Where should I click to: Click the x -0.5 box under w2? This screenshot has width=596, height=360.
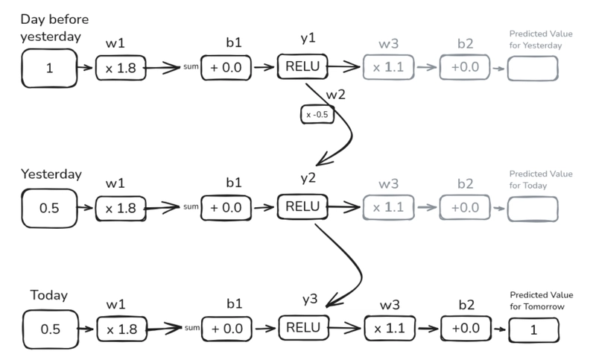[x=316, y=116]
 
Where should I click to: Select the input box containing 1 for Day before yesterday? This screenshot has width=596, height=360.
[x=50, y=69]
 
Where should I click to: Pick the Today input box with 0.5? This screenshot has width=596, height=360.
[x=50, y=328]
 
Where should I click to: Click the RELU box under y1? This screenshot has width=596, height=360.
[x=302, y=67]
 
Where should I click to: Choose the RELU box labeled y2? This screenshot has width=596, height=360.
[x=302, y=206]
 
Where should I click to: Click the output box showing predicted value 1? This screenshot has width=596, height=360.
[x=533, y=329]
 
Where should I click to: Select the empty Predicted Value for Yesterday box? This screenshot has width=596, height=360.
[x=533, y=69]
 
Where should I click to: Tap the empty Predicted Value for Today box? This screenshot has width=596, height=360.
[x=533, y=208]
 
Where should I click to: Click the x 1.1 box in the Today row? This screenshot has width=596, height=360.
[x=387, y=328]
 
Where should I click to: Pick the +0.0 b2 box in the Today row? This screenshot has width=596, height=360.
[x=465, y=328]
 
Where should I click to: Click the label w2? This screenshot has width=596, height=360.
[x=335, y=94]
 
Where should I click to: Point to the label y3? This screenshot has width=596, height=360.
[x=310, y=299]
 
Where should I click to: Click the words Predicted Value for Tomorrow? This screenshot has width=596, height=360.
[x=535, y=300]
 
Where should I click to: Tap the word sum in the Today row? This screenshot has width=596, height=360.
[x=191, y=329]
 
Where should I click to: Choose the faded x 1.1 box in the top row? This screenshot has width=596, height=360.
[x=387, y=68]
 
